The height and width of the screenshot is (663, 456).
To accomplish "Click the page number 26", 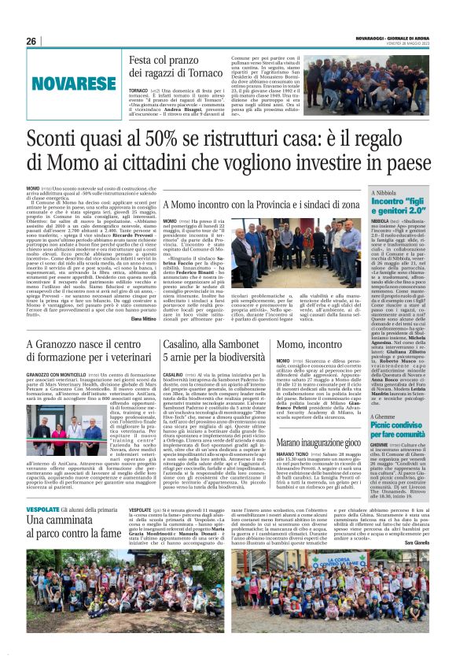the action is pyautogui.click(x=32, y=42).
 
